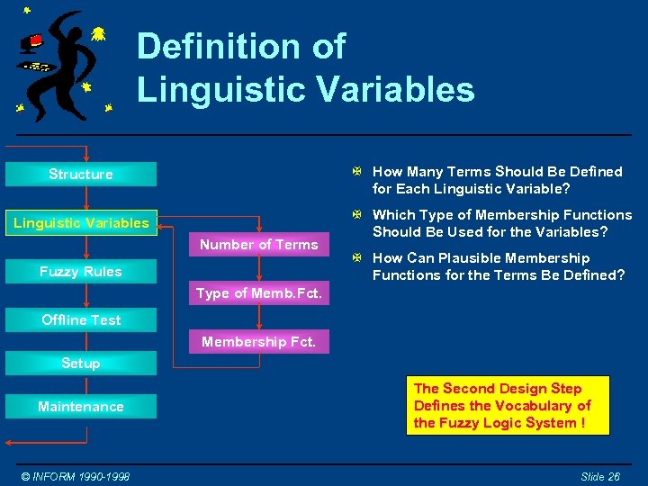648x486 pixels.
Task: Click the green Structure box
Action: (x=81, y=174)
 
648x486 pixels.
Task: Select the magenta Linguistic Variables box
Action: (x=81, y=222)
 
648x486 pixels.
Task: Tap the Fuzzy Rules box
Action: (x=81, y=271)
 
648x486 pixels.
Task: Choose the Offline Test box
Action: (x=81, y=319)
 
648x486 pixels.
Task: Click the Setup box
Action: (x=81, y=363)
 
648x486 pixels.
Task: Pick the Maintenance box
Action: (x=81, y=407)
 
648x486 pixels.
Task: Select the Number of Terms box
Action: (x=259, y=244)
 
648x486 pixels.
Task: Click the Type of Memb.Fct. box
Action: (x=259, y=293)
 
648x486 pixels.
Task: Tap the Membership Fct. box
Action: (x=259, y=342)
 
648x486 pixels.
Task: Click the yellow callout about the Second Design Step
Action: (x=508, y=406)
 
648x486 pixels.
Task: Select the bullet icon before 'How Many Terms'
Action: (x=357, y=171)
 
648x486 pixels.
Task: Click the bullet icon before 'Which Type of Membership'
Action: (x=357, y=214)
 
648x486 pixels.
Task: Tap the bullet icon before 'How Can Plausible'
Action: (x=357, y=258)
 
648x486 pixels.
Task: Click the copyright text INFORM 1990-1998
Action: (x=76, y=475)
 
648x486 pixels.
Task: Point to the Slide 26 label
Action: (x=599, y=475)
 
